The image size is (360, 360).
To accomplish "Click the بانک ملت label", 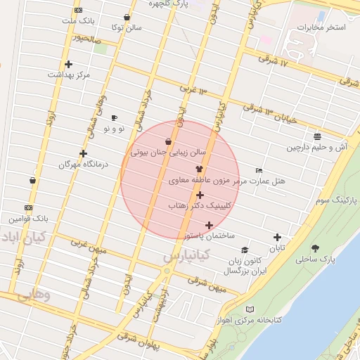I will tap(78, 21).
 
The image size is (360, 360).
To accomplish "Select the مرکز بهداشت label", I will tap(69, 75).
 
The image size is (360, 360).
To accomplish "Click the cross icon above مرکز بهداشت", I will tap(68, 65).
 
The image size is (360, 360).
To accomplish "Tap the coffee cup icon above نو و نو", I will tap(115, 118).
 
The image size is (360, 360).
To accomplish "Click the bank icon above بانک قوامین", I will tap(28, 208).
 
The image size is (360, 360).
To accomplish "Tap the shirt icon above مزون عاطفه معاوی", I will tap(199, 169).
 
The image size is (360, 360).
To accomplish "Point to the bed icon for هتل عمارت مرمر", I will tap(259, 171).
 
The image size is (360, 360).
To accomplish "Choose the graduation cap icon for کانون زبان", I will tap(245, 250).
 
